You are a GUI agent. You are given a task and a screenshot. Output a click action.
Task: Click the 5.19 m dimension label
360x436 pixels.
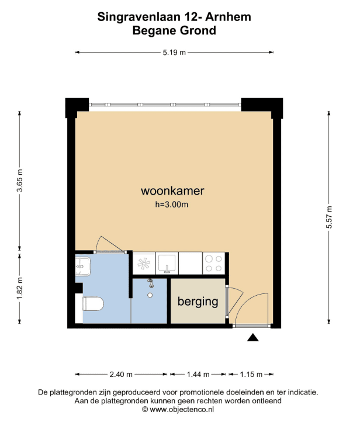point(174,52)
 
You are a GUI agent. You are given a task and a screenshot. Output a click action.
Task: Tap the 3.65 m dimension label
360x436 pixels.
point(20,181)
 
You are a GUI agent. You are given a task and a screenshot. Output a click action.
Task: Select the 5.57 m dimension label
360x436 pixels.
point(329,217)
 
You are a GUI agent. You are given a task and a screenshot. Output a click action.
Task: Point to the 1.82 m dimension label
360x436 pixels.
point(20,288)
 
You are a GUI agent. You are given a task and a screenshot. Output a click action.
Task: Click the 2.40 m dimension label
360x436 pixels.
point(121,374)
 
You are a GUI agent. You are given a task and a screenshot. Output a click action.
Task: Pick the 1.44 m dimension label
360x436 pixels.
point(198,374)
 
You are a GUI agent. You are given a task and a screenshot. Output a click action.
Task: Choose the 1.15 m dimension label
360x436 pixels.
point(251,374)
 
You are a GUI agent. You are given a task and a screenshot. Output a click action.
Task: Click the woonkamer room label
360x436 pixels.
point(172,191)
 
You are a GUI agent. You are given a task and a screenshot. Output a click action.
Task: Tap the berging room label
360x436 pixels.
point(198,302)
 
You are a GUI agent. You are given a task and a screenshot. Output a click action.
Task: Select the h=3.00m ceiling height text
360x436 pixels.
point(171,205)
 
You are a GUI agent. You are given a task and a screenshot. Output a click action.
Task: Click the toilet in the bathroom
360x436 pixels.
point(93,304)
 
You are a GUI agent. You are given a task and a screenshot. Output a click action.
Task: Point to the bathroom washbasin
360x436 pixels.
point(83,267)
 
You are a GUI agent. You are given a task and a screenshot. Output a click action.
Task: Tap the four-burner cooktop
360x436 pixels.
point(213,264)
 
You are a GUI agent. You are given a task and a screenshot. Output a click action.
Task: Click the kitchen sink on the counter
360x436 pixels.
point(167,264)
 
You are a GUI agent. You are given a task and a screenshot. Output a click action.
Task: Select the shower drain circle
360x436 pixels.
point(150,295)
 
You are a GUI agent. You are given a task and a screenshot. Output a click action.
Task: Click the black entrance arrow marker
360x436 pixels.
point(253,338)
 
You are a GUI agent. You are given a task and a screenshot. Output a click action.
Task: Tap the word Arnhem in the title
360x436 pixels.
point(229,17)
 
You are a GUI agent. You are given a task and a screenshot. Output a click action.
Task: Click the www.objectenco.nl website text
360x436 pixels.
point(182,409)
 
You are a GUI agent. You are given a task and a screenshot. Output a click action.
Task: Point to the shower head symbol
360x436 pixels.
point(150,283)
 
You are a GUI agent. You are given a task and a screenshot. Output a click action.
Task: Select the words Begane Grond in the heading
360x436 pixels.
point(174,30)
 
